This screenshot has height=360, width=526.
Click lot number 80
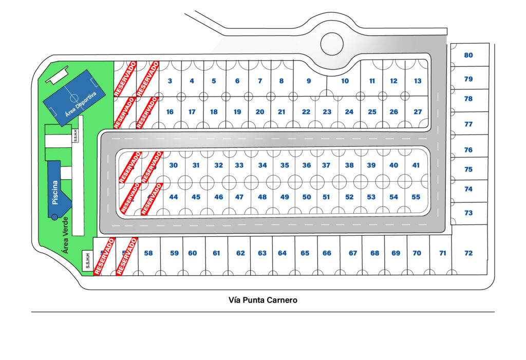pos(468,55)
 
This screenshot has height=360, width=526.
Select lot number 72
pos(468,253)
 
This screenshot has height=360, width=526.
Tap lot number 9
pos(309,81)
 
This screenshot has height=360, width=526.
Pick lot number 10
pos(345,81)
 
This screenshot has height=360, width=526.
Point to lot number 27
pos(418,112)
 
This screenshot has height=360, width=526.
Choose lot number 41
pos(416,165)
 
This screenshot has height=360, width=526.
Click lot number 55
pos(416,197)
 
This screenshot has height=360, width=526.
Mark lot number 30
pos(174,165)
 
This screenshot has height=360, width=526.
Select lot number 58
pos(148,253)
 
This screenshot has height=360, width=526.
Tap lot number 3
pos(170,81)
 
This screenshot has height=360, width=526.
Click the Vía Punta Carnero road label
pos(262,300)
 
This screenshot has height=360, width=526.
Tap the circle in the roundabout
pos(332,43)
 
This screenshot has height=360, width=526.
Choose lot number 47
pos(239,197)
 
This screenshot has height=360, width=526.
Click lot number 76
pos(468,150)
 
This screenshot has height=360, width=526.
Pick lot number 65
pos(305,253)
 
